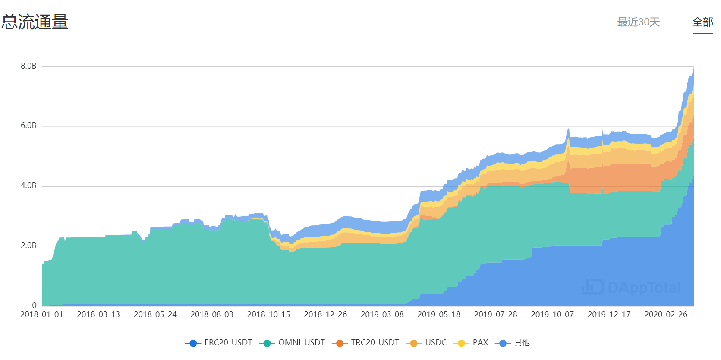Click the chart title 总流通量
(x=35, y=22)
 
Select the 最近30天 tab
(x=638, y=22)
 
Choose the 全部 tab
(x=702, y=22)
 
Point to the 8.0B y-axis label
(x=28, y=66)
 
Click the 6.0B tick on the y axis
(x=28, y=126)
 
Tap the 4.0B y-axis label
(x=28, y=186)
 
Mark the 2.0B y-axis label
(x=28, y=246)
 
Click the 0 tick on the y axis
(x=34, y=305)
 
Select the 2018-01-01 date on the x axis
(x=42, y=315)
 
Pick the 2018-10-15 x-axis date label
(x=268, y=315)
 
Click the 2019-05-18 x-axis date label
(x=439, y=315)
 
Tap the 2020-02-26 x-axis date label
(x=665, y=315)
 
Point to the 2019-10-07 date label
(x=552, y=315)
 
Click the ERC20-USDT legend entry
(x=219, y=343)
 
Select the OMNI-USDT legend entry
(x=293, y=343)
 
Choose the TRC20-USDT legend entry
(x=366, y=343)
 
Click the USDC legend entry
(x=427, y=343)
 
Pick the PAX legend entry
(x=472, y=343)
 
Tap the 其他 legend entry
(x=513, y=343)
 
